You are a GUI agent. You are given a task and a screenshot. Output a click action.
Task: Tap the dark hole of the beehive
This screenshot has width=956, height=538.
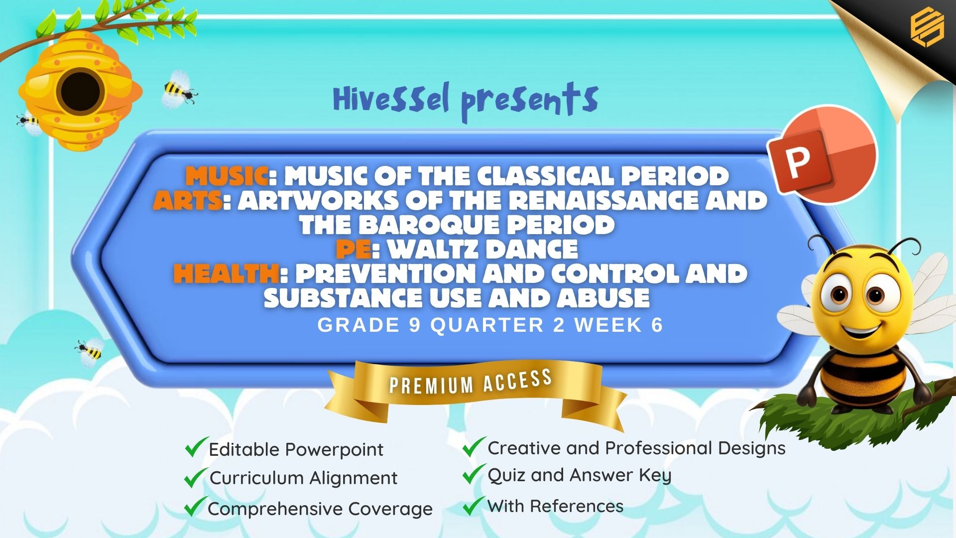tap(80, 92)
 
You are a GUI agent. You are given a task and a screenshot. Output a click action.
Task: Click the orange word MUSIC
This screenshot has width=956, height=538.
tap(227, 176)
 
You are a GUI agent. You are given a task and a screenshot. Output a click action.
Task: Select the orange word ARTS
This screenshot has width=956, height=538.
tap(187, 200)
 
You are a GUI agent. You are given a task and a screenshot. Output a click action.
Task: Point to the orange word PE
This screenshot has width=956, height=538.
tap(353, 249)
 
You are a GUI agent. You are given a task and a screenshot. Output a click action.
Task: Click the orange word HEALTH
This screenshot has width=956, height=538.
tap(226, 273)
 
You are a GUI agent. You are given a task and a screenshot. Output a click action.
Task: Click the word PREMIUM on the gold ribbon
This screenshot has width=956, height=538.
tap(431, 385)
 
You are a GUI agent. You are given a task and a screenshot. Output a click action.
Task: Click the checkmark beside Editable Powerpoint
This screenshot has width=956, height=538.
tap(196, 447)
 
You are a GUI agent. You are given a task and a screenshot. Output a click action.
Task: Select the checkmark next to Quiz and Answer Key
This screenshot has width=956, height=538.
tap(474, 474)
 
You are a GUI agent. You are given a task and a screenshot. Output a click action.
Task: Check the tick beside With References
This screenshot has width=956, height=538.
tap(474, 505)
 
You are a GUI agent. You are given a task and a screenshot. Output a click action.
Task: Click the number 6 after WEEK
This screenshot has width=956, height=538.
tap(657, 325)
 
